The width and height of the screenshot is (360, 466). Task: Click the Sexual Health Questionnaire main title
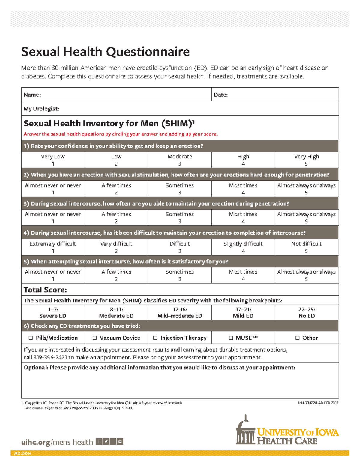pos(105,52)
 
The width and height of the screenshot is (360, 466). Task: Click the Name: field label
pos(32,95)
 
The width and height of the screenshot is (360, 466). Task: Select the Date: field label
pos(221,95)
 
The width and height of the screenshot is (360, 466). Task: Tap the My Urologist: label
pos(41,109)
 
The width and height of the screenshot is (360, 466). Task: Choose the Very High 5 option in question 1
pos(306,160)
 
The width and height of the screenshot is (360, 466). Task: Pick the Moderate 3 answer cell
pos(180,160)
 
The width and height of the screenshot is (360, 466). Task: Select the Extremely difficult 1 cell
pos(53,247)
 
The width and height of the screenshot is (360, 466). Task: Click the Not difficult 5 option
pos(306,247)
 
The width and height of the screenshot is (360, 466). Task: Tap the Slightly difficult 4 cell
pos(243,247)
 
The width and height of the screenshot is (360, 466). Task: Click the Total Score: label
pos(45,290)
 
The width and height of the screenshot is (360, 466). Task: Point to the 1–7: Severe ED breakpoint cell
pos(53,313)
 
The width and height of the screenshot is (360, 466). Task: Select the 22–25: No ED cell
pos(306,313)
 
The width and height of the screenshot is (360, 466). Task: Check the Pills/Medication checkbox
pos(31,338)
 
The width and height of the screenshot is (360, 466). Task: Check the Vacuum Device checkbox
pos(94,338)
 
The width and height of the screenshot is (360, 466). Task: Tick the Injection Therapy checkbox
pos(155,338)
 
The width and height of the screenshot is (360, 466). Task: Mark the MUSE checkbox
pos(231,338)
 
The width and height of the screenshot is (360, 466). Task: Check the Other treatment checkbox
pos(297,338)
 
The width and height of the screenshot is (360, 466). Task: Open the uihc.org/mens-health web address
pos(57,442)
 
